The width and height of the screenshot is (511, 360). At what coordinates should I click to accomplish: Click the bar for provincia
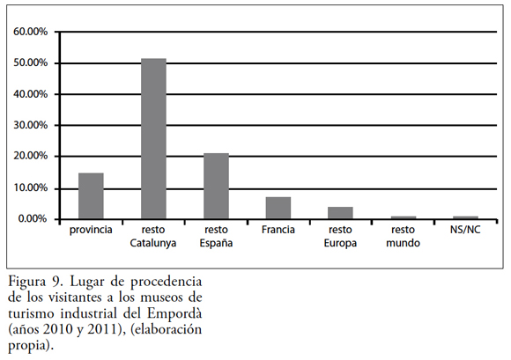click(91, 196)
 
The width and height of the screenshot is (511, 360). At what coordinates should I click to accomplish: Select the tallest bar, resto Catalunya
click(153, 139)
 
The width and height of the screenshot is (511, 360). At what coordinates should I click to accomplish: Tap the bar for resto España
click(216, 187)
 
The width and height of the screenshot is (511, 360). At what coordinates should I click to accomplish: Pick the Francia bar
click(278, 208)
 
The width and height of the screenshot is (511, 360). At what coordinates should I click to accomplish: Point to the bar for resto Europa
click(341, 213)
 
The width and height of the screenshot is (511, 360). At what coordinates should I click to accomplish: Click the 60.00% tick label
click(30, 32)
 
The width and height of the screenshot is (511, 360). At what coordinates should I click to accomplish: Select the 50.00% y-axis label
click(30, 62)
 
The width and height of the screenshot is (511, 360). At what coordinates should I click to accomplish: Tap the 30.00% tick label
click(30, 125)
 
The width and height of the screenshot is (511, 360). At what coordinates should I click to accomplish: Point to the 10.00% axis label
click(30, 187)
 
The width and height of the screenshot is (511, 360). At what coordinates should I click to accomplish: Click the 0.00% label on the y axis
click(33, 218)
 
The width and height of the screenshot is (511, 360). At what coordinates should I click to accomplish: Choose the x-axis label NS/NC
click(465, 230)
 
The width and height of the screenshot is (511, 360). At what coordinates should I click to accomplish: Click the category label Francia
click(278, 230)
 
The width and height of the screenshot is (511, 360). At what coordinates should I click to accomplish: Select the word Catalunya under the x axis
click(153, 244)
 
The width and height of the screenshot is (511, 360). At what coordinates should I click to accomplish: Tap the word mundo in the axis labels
click(404, 243)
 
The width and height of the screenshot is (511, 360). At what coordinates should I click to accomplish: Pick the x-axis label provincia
click(91, 230)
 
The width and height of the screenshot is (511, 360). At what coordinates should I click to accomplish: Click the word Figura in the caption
click(27, 283)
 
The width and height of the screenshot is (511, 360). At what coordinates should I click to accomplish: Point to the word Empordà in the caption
click(174, 313)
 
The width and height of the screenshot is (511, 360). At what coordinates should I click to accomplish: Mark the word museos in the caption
click(163, 298)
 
